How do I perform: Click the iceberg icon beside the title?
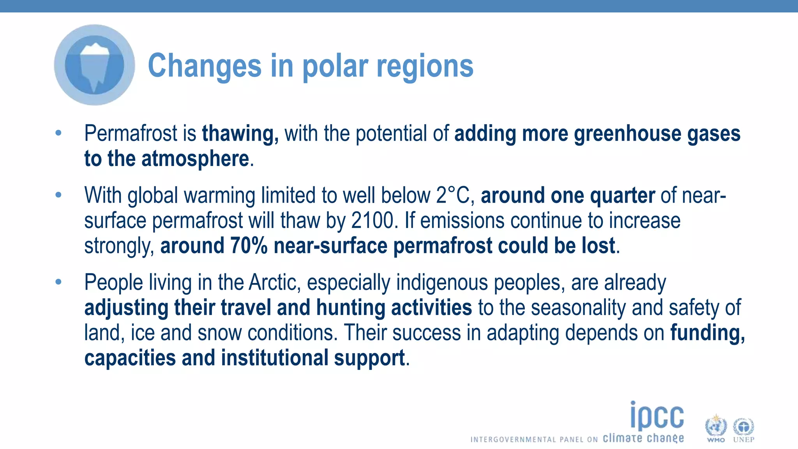(x=95, y=65)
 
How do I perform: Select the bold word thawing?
(x=240, y=134)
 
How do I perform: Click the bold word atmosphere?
(x=195, y=159)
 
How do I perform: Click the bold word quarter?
(x=622, y=196)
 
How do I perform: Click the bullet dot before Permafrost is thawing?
(x=58, y=133)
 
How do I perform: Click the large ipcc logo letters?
(x=657, y=416)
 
